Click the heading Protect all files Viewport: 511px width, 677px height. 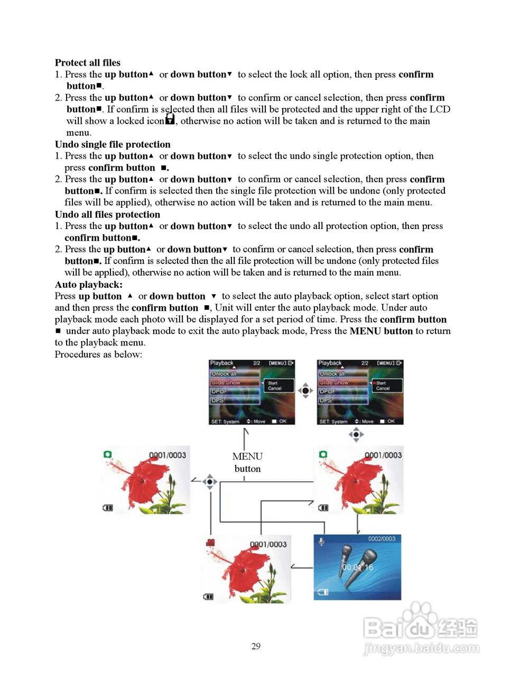[x=88, y=62]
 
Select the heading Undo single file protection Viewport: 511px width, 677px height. [x=113, y=144]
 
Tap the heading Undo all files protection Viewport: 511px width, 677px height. [x=107, y=214]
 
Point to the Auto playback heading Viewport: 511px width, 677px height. [x=88, y=285]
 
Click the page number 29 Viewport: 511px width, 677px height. [x=256, y=646]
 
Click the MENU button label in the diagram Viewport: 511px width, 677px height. [x=247, y=462]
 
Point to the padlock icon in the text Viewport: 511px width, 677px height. [x=170, y=120]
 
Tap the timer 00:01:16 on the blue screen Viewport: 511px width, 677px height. [x=357, y=567]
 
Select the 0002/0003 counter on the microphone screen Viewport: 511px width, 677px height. [x=382, y=539]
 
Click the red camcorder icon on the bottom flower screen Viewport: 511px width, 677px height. [x=210, y=543]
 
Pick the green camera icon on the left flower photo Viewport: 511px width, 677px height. [x=108, y=454]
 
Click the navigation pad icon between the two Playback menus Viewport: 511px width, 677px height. [x=305, y=391]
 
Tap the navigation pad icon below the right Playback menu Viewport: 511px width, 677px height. [x=356, y=435]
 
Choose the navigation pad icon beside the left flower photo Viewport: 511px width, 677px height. [x=210, y=482]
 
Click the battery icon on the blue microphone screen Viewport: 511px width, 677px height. [x=322, y=592]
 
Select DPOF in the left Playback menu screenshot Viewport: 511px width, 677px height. [x=219, y=391]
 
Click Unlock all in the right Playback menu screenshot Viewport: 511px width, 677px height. [x=331, y=373]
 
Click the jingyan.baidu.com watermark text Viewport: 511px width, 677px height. [x=421, y=648]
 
